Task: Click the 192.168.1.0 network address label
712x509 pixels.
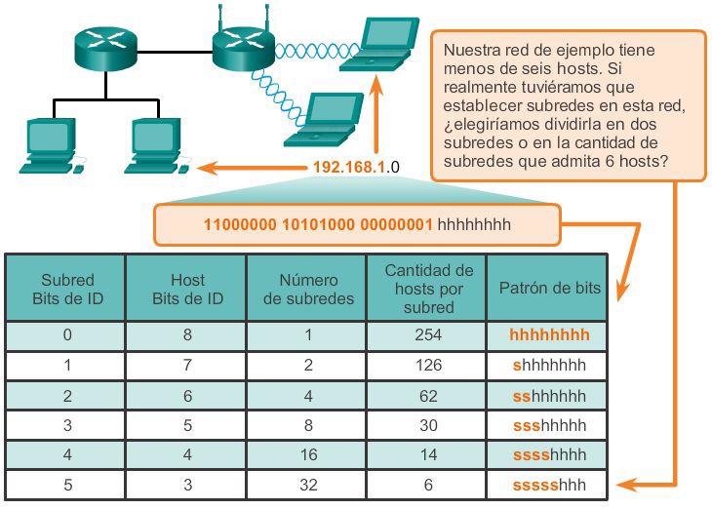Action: click(356, 168)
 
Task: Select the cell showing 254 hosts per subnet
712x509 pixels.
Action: click(427, 335)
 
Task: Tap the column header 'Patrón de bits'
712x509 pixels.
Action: click(549, 289)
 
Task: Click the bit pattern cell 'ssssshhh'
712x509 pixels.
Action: click(549, 485)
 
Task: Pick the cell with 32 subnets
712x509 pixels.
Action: click(307, 485)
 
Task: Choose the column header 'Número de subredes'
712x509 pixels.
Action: click(307, 289)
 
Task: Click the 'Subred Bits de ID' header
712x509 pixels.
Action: click(67, 289)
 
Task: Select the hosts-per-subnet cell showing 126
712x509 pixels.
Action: click(427, 366)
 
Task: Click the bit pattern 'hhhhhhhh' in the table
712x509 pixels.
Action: click(549, 335)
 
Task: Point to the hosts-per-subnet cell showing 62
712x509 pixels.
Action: click(427, 396)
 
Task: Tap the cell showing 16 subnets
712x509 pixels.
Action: click(307, 455)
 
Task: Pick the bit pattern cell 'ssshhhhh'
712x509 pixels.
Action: click(549, 426)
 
